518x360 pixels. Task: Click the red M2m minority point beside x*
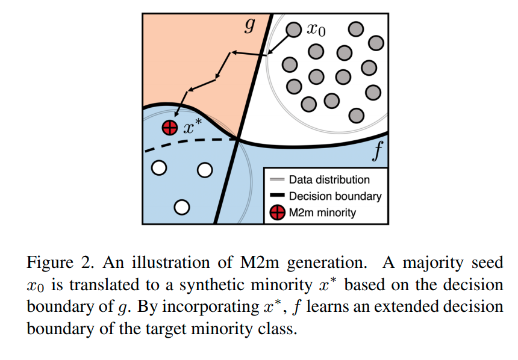[170, 128]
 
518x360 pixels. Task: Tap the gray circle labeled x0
[293, 29]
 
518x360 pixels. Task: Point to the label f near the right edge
[377, 154]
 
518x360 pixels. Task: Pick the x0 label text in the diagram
[316, 30]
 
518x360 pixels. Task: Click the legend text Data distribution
[329, 179]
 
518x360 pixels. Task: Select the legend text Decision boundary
[335, 196]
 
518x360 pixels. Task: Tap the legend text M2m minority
[322, 212]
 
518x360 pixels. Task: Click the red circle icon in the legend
[277, 213]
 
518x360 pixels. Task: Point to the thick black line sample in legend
[277, 196]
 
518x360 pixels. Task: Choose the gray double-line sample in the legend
[277, 179]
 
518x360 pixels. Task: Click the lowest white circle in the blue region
[182, 208]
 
